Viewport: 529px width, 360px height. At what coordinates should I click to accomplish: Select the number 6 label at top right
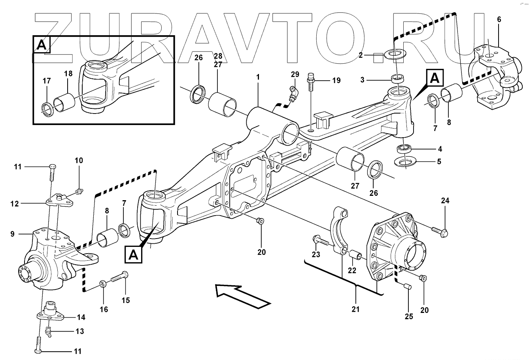[x=499, y=20]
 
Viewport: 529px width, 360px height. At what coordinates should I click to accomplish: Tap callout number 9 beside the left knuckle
[x=12, y=234]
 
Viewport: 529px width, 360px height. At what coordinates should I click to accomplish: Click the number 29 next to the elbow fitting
[x=295, y=74]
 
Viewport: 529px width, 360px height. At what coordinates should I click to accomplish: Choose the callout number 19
[x=336, y=80]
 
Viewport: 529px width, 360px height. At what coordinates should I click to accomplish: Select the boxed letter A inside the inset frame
[x=42, y=45]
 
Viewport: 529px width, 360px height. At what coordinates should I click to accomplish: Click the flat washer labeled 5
[x=406, y=162]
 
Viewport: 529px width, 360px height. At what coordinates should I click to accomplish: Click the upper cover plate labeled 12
[x=59, y=202]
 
